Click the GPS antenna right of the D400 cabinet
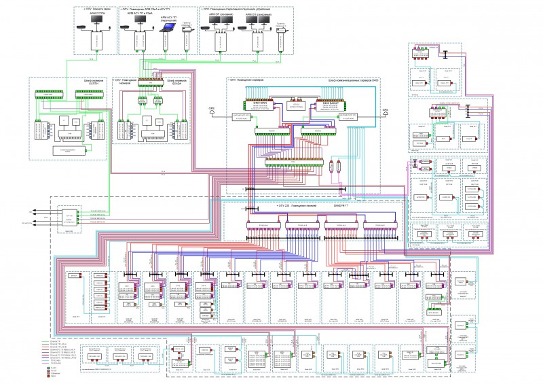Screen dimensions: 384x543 click(383, 109)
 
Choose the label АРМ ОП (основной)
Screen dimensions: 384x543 click(221, 13)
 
